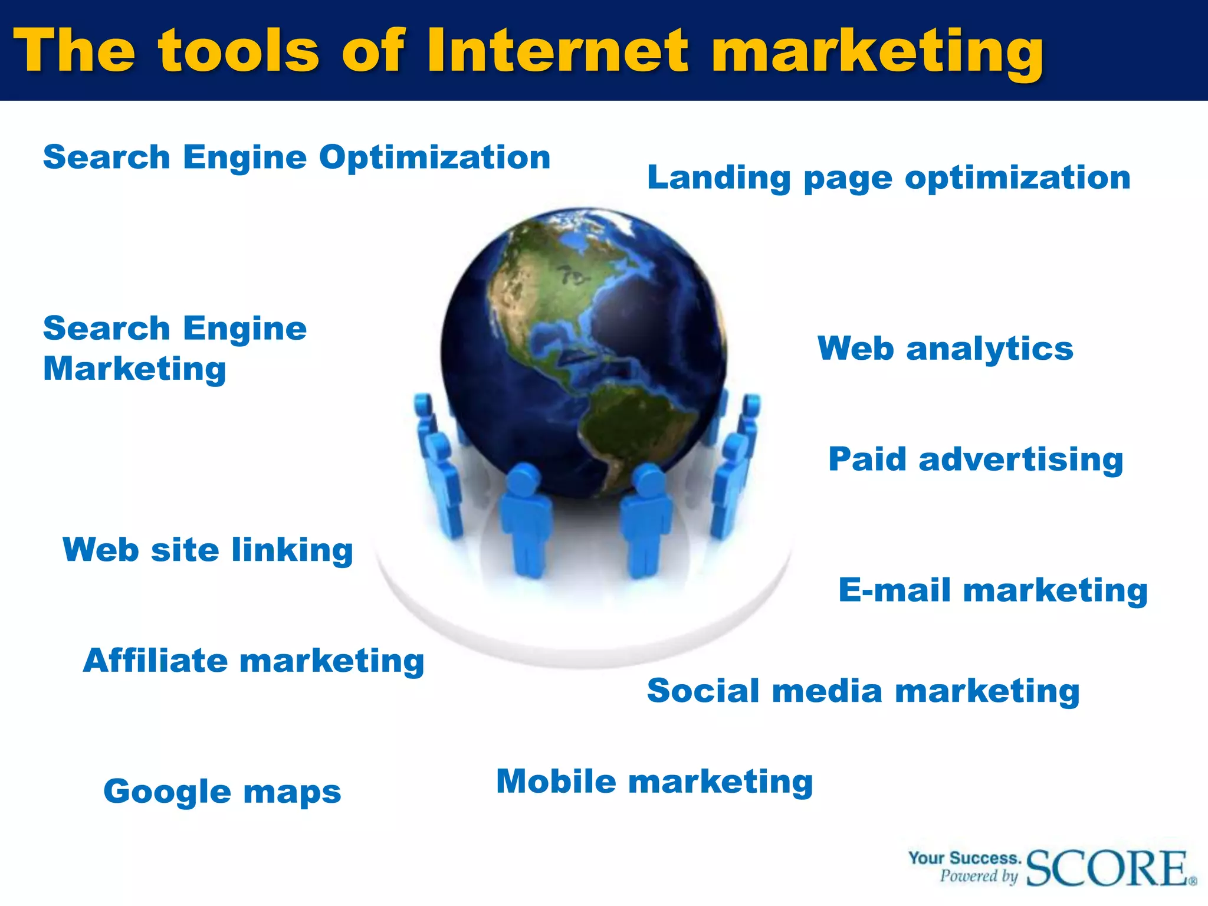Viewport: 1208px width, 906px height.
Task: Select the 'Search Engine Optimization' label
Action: point(296,157)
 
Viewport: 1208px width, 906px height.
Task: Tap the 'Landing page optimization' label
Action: point(888,178)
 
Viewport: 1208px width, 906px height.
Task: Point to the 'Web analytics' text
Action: point(945,349)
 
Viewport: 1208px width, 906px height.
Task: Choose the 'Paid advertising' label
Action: point(976,459)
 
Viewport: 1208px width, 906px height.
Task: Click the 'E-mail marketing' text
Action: point(993,590)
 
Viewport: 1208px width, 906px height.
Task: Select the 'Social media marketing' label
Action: point(863,691)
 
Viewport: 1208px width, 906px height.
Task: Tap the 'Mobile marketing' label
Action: point(654,782)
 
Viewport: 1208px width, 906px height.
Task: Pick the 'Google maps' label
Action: point(222,792)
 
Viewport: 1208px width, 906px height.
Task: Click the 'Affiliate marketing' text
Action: point(254,661)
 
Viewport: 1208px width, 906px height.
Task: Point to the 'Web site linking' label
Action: point(208,550)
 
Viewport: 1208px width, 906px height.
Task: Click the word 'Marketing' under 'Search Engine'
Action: point(134,369)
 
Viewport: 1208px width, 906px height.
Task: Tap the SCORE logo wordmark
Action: point(1109,868)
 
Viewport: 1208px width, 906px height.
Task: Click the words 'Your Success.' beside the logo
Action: point(964,858)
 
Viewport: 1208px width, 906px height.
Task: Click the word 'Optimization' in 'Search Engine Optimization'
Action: point(435,157)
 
